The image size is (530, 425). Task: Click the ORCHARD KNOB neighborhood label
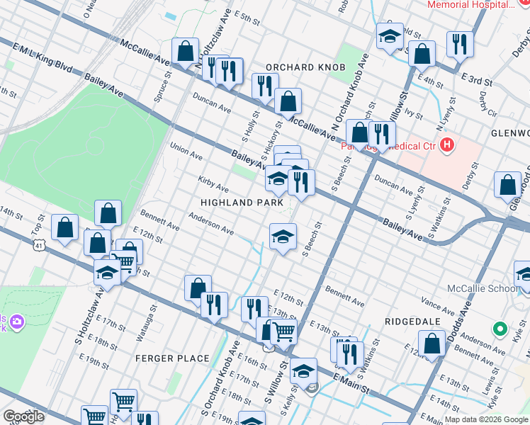click(x=305, y=67)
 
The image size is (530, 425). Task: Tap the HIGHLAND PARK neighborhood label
click(x=236, y=202)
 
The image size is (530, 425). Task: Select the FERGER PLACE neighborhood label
click(x=172, y=358)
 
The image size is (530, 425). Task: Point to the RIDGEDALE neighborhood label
click(x=408, y=321)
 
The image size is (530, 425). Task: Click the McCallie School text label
click(x=483, y=288)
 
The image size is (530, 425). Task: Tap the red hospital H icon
click(x=446, y=146)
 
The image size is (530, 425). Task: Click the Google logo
click(x=23, y=416)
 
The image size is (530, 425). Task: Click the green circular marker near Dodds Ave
click(x=500, y=329)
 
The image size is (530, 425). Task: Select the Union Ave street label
click(x=186, y=152)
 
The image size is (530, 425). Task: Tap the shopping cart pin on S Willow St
click(x=283, y=330)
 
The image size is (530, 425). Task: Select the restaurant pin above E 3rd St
click(x=460, y=45)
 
